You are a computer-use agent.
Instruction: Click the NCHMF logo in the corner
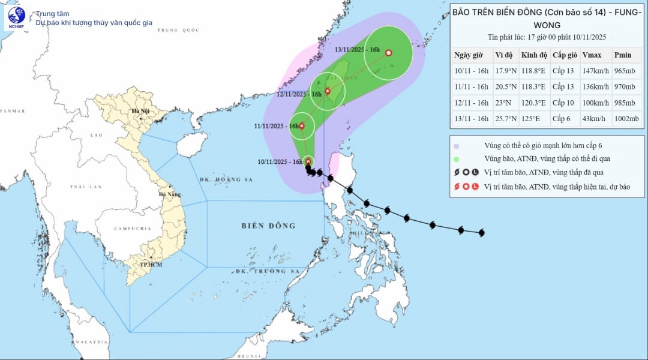point(16,18)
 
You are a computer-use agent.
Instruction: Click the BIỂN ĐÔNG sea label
point(269,226)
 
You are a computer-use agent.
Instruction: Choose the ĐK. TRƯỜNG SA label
point(267,271)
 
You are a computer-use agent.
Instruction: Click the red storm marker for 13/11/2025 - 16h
point(388,53)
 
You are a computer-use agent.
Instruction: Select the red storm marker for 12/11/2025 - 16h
point(328,91)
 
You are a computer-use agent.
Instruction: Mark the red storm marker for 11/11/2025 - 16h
point(302,126)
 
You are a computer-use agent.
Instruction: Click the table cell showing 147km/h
point(595,70)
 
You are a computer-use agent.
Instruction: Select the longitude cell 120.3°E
point(534,103)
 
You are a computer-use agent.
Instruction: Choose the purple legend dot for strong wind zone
point(457,146)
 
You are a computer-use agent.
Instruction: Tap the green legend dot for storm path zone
point(457,159)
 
